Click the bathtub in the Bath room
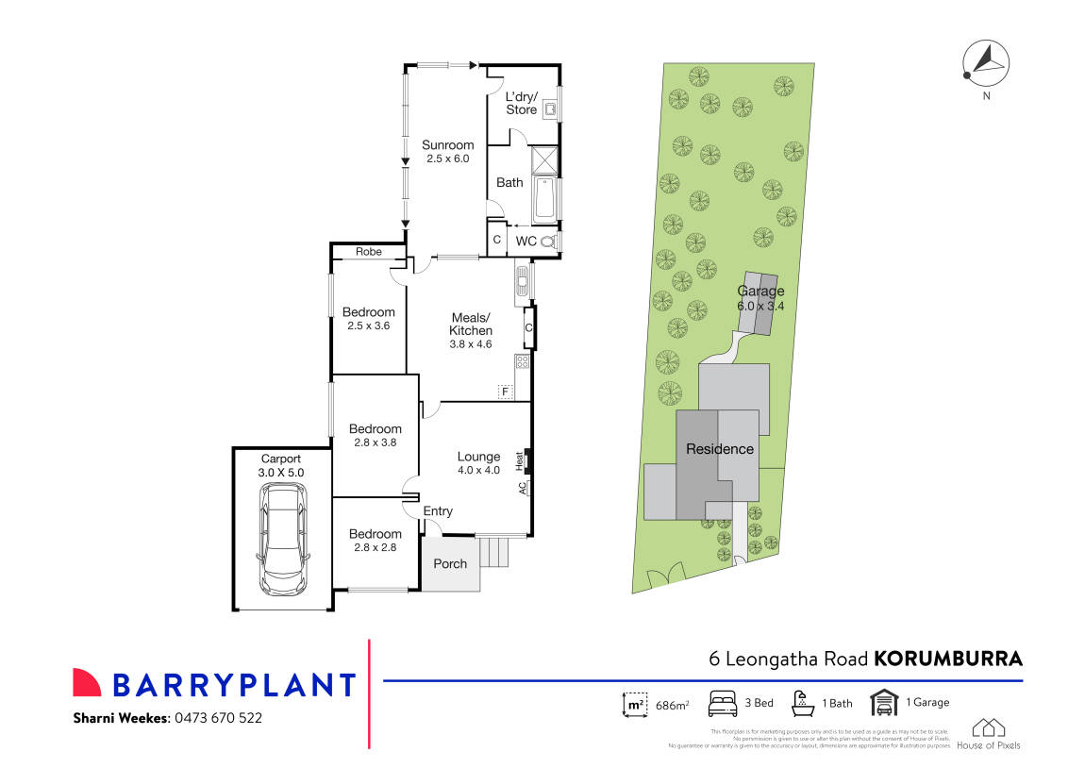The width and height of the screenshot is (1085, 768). pos(544,200)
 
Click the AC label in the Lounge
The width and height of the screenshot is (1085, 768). pos(522,488)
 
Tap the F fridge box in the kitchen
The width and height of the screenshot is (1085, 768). pos(505,392)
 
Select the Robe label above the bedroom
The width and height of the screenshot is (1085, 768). pos(368,252)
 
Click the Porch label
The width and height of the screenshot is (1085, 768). pos(450,564)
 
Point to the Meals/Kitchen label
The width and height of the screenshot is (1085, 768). pos(471,324)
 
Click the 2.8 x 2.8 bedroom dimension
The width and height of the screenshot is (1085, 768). pos(375,549)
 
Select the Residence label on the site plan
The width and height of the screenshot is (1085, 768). pos(719,449)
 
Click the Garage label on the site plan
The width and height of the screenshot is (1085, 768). pos(760,292)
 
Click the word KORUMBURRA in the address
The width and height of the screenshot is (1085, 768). pos(948,659)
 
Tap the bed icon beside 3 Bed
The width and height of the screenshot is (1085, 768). pos(723,703)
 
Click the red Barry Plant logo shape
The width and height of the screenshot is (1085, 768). pos(87,683)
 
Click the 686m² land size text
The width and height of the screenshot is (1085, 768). pos(671,704)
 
